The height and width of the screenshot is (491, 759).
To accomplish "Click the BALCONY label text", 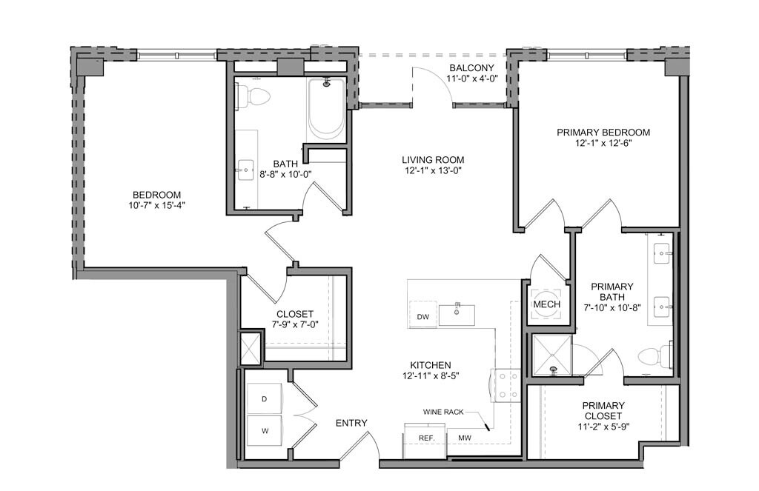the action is (471, 68).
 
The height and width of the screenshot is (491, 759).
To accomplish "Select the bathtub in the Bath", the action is (326, 109).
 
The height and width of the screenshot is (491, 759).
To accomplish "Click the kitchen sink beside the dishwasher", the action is (457, 315).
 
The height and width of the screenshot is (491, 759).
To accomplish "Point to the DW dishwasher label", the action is (423, 318).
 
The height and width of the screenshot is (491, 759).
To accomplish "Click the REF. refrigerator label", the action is (427, 438).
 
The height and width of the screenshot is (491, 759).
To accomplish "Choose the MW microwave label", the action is (465, 438).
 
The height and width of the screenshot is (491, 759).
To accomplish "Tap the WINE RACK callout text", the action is (443, 412).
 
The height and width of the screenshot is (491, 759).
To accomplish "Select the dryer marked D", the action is (265, 399).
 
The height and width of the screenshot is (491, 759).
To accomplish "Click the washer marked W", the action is (265, 430).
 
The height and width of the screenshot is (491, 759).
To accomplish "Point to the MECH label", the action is (546, 304).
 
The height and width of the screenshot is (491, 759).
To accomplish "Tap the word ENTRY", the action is (351, 424).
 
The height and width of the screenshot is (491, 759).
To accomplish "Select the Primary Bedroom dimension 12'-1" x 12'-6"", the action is (603, 143).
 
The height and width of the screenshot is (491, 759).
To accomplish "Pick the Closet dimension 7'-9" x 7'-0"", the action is (295, 324).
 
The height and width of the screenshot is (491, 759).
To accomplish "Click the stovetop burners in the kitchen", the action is (506, 386).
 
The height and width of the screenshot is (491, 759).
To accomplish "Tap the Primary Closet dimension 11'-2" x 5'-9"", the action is (603, 427).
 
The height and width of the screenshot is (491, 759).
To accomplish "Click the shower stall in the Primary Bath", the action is (551, 355).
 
